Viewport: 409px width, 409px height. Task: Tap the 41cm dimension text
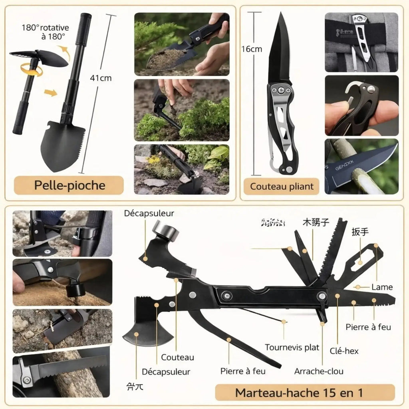coord(101,78)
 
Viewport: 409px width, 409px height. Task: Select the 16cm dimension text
coord(252,49)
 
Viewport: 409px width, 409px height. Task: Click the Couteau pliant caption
coord(282,186)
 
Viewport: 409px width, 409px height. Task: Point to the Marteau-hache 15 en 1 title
coord(299,392)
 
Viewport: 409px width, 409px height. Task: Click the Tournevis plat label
coord(292,347)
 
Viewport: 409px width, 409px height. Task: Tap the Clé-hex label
coord(343,351)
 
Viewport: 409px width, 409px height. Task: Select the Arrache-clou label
coord(319,371)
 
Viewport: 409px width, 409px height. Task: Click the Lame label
coord(382,287)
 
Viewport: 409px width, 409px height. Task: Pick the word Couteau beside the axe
coord(177,357)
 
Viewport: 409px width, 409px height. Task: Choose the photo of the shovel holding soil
coord(182,44)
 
